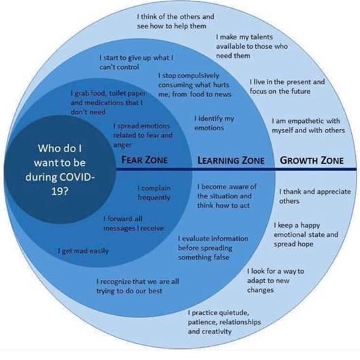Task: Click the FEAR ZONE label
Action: click(x=144, y=160)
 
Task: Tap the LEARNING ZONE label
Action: click(x=231, y=160)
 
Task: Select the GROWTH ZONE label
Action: click(x=312, y=160)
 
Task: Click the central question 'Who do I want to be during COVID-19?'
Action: click(x=60, y=169)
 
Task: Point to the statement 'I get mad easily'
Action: click(x=83, y=251)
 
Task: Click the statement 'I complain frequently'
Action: click(x=154, y=193)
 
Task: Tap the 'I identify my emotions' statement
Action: click(x=214, y=123)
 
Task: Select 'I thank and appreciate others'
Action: click(x=315, y=196)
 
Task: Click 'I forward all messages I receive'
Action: click(x=134, y=223)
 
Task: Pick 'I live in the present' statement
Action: click(x=287, y=86)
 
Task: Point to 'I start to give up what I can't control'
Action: click(x=137, y=62)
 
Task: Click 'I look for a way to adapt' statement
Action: click(x=276, y=281)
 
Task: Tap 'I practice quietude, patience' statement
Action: click(x=224, y=322)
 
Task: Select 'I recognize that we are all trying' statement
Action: click(x=137, y=286)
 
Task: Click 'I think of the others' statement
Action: click(x=175, y=21)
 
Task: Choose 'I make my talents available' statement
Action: click(x=251, y=46)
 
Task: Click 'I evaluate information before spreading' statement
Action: click(x=213, y=248)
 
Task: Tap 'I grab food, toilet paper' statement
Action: click(x=109, y=103)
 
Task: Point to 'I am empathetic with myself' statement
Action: click(x=308, y=126)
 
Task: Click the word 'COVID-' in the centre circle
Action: click(x=77, y=177)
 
